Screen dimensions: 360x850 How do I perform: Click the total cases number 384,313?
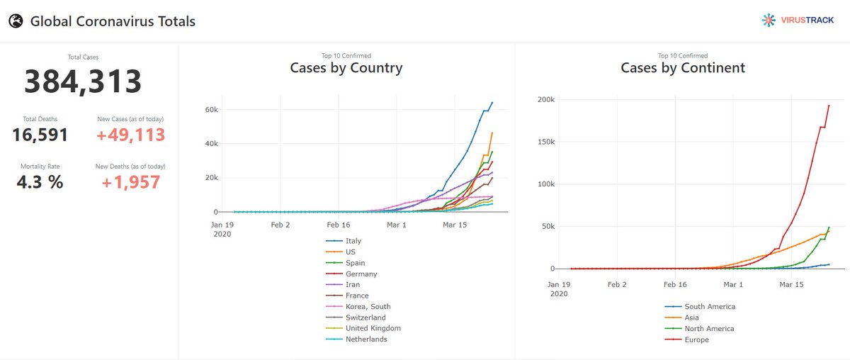(x=83, y=82)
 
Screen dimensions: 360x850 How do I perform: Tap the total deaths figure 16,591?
(x=40, y=135)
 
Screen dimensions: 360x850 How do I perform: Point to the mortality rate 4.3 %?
(x=40, y=182)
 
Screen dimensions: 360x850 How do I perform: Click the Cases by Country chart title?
(x=346, y=68)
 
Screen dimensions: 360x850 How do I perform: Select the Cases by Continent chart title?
(x=682, y=68)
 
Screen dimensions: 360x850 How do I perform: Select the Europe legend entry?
(x=696, y=339)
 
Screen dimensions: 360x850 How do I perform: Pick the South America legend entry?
(x=709, y=307)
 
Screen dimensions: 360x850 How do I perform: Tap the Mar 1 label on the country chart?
(x=397, y=225)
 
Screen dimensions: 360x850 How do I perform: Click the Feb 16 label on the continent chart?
(x=675, y=283)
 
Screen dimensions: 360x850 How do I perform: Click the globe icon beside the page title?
(x=16, y=21)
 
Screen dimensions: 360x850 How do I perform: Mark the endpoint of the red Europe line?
(x=829, y=106)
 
